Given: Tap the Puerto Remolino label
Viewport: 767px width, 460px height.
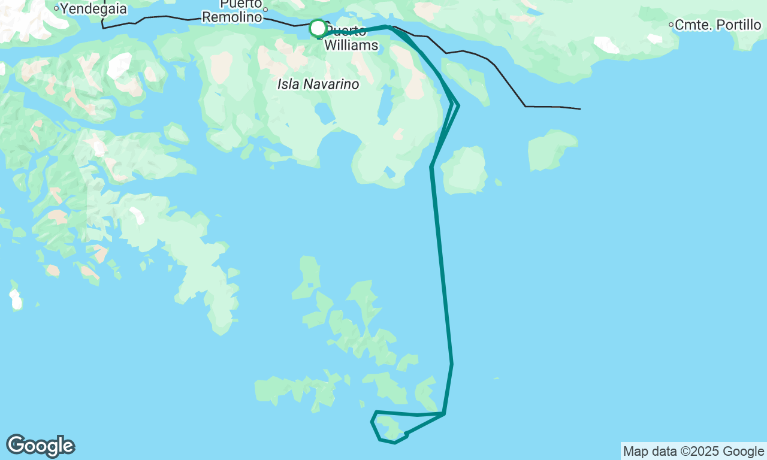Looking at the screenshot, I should [232, 11].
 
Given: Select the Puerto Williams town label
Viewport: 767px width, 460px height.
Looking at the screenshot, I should [351, 38].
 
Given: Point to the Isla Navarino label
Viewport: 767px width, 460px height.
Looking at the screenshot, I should [318, 84].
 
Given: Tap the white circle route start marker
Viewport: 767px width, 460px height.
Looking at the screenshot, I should [318, 28].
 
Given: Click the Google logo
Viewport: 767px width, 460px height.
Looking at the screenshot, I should [41, 446].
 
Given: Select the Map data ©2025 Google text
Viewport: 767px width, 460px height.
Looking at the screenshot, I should [693, 452].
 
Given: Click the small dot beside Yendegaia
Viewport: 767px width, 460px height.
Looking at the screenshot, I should [56, 8].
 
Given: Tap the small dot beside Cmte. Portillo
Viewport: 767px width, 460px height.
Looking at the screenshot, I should [671, 25].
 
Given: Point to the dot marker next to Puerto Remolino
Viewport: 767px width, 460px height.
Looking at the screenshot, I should [265, 10].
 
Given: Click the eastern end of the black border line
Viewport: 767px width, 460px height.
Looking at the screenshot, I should [579, 109].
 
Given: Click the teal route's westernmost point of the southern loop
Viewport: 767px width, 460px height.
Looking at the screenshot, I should [372, 422].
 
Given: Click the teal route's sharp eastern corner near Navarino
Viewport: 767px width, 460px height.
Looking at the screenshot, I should [458, 106].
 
